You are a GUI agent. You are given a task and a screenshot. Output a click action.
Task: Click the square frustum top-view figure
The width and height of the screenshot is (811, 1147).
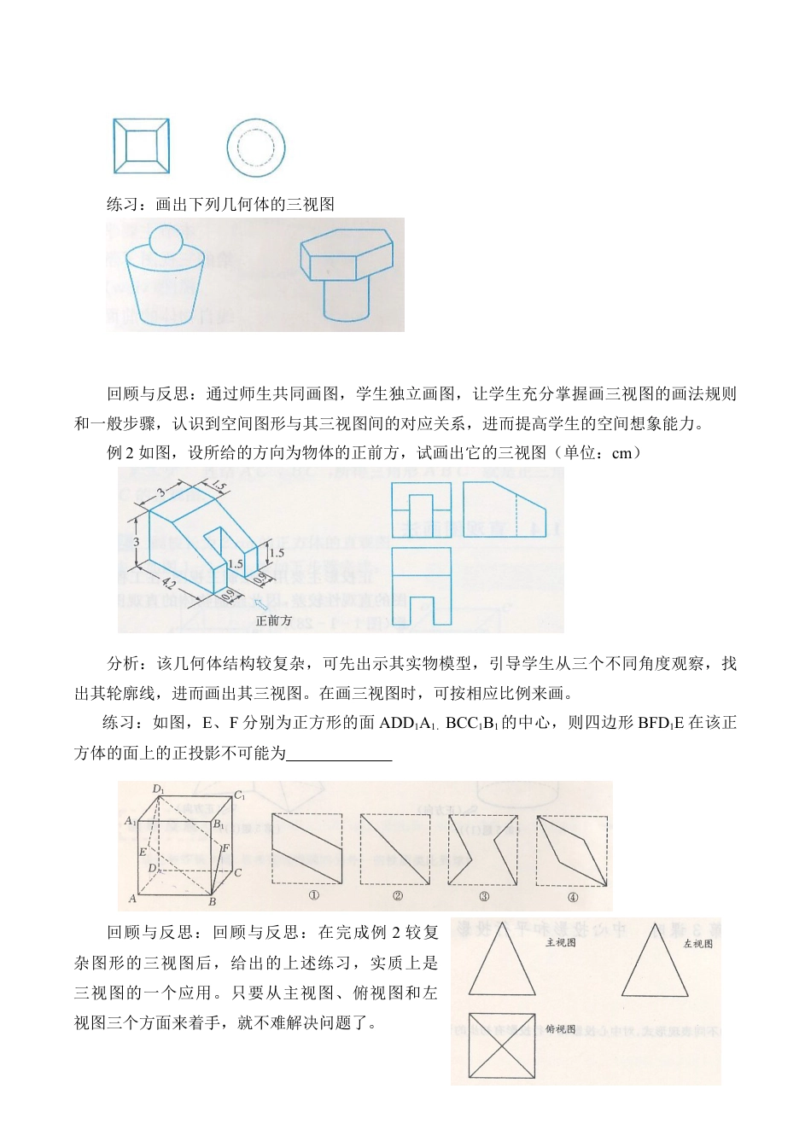coord(142,147)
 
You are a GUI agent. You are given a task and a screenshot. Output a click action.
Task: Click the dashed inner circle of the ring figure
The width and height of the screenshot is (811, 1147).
coord(255,148)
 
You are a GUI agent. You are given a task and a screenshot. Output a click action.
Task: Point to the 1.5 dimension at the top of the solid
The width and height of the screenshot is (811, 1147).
coord(219,486)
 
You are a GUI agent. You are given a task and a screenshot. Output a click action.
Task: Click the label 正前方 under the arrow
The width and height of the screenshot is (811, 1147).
coord(273,620)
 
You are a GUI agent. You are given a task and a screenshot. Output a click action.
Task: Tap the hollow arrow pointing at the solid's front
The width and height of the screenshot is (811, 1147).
coord(260,604)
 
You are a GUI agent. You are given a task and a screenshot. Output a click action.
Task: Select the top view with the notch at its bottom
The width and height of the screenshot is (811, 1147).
coord(421,585)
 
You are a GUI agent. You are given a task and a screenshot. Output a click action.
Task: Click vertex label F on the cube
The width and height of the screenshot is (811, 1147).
coord(225,848)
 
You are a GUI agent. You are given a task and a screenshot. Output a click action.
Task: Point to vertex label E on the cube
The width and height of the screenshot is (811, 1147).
coord(143,852)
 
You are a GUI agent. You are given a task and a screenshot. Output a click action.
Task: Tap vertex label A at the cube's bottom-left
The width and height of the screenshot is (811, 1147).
coord(132,898)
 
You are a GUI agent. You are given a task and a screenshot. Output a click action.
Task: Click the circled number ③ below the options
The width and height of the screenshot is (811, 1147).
coord(483,896)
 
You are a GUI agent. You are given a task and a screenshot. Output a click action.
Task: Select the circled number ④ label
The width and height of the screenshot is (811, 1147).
coord(572,896)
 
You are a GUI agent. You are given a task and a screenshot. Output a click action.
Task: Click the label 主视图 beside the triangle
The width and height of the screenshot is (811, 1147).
coord(560,942)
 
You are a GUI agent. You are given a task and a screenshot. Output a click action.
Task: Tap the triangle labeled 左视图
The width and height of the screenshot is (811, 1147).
coord(655,963)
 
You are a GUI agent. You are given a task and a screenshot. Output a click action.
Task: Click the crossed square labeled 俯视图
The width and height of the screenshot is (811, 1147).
coord(502,1045)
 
